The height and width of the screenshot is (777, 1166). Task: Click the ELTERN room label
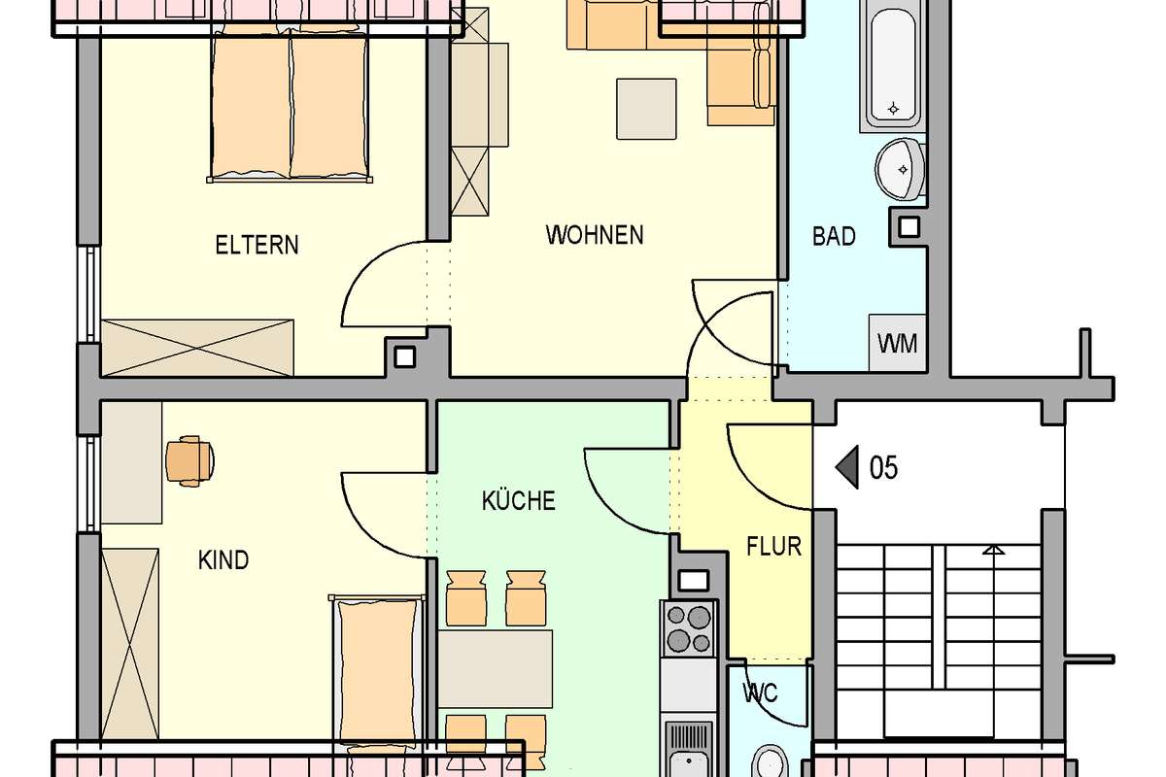coord(257,245)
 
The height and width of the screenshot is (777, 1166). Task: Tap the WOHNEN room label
coord(595,235)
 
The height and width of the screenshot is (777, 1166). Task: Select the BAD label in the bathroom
coord(834,237)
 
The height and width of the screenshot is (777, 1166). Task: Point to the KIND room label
coord(223,560)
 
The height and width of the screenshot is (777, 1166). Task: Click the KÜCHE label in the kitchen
coord(519,500)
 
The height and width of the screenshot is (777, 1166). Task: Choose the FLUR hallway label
coord(774,547)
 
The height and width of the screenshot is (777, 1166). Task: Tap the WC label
coord(761,693)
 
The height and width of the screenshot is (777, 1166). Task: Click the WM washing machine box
coord(898,343)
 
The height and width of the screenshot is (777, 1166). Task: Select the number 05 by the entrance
coord(883,467)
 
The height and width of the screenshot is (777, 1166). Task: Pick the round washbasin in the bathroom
coord(900,168)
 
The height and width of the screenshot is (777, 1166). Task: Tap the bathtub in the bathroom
coord(893,65)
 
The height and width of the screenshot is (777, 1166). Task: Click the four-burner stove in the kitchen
coord(688,629)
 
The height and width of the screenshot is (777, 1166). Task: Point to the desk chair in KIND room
coord(189,461)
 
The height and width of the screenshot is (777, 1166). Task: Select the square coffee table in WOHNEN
coord(646,109)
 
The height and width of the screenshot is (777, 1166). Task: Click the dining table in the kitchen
coord(495,669)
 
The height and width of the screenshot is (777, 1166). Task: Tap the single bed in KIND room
coord(377,671)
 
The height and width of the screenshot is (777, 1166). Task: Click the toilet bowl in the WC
coord(771,761)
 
